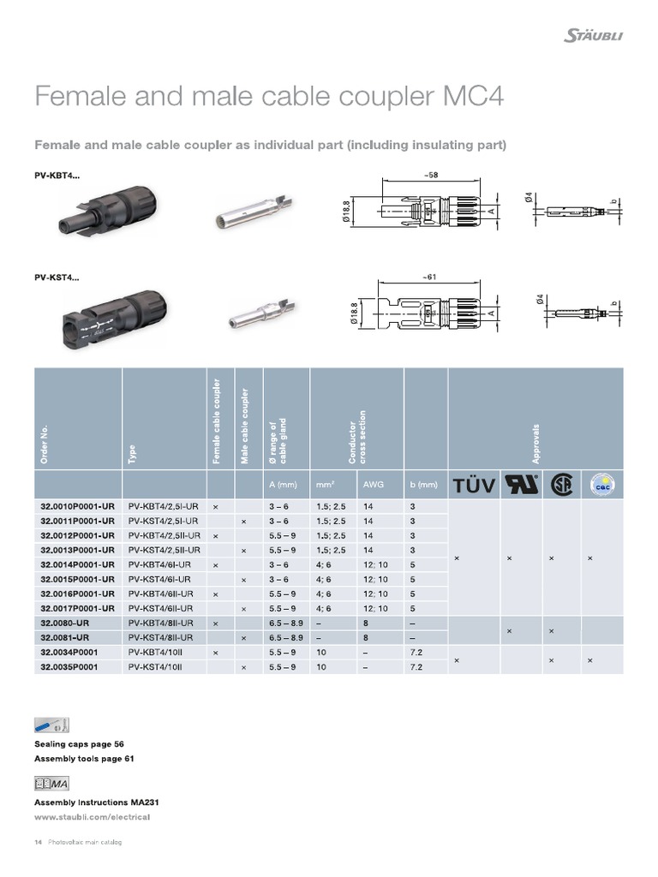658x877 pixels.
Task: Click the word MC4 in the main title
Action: point(469,96)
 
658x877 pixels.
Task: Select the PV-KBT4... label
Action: point(57,176)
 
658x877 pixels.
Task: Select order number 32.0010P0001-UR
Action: point(77,506)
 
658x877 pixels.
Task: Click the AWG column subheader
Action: point(372,485)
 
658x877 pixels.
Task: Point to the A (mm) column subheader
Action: point(283,485)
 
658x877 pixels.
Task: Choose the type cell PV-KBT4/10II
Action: point(155,652)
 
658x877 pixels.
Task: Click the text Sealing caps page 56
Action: point(85,743)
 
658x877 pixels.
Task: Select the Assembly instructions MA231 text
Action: point(96,802)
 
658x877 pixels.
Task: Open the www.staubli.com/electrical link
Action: point(92,817)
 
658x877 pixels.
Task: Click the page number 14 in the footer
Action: point(38,843)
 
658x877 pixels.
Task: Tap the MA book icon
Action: point(51,783)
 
